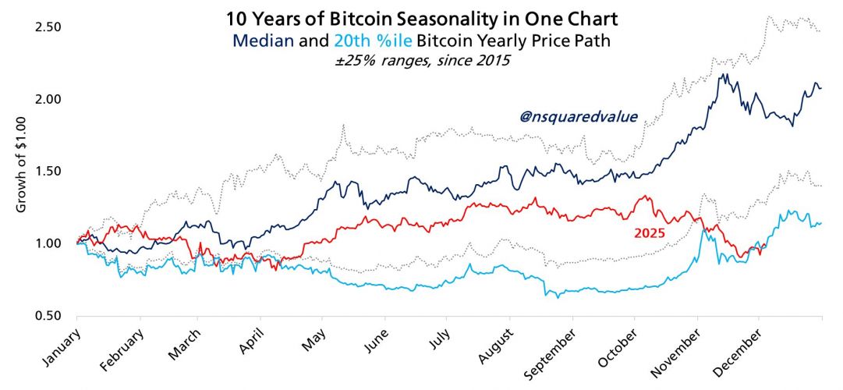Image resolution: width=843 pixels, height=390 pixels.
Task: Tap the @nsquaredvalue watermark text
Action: coord(578,117)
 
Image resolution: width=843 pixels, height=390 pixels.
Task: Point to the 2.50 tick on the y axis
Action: coord(48,27)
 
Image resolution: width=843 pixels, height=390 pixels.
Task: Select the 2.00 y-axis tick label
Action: coord(48,99)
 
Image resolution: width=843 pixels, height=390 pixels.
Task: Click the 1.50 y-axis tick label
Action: coord(48,172)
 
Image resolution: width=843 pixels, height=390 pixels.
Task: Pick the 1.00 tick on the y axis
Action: coord(48,243)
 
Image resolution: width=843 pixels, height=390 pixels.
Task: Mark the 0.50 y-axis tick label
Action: coord(48,316)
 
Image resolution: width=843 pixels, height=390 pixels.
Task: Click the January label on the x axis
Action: coord(59,342)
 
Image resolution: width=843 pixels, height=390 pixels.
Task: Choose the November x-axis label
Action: coord(680,346)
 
